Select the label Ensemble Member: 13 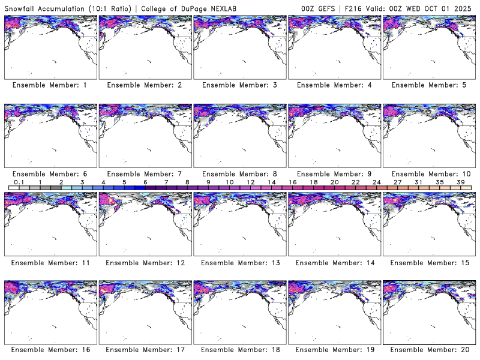click(239, 262)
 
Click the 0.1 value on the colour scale click(19, 182)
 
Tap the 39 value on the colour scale click(460, 182)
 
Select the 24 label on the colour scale click(376, 182)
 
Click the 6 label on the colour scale click(145, 182)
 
